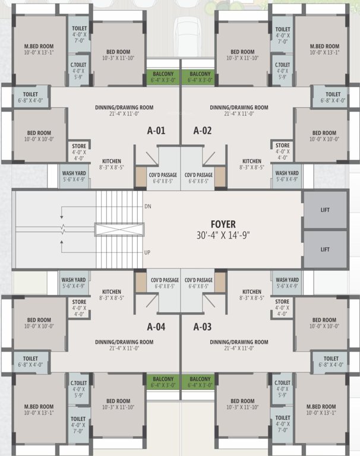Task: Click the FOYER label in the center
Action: coord(223,224)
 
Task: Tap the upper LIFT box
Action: coord(324,210)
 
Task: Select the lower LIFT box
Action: coord(324,249)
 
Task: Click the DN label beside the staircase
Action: coord(148,206)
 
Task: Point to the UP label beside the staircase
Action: coord(148,252)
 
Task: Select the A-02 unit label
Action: coord(203,131)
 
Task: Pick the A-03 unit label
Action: coord(203,326)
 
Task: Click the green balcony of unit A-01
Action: coord(163,77)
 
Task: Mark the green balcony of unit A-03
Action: coord(200,382)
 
